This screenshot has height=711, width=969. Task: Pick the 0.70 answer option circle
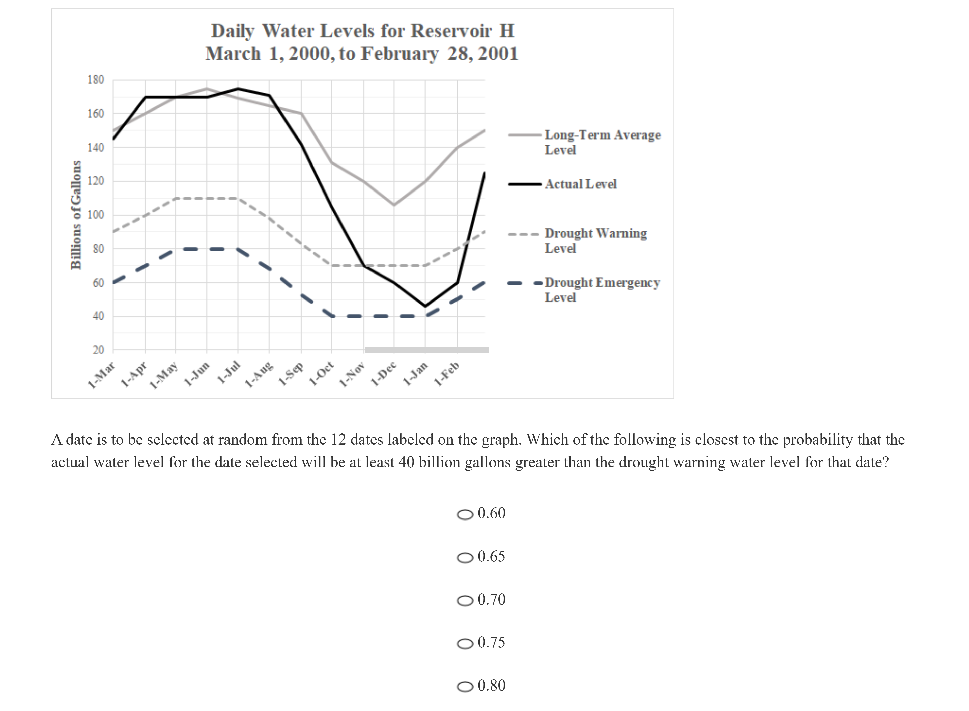click(465, 600)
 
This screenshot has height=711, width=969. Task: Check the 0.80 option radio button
click(465, 687)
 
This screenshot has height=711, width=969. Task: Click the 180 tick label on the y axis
click(96, 80)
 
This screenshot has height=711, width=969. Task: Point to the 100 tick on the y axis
click(96, 215)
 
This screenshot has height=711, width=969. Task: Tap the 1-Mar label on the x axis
click(101, 375)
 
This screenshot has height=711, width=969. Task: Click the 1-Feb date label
click(447, 374)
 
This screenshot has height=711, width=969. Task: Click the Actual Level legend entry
click(580, 184)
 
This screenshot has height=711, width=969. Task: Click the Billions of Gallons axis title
click(76, 215)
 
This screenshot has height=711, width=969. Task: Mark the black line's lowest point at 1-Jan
click(425, 306)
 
